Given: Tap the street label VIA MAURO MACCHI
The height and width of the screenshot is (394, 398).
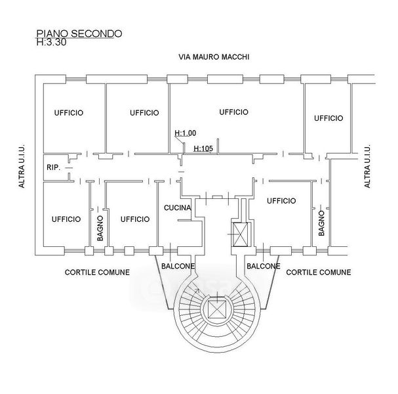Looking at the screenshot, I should point(214,58).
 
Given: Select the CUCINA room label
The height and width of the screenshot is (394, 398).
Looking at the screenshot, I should point(177,208).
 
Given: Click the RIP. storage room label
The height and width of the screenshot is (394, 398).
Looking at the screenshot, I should point(54,167).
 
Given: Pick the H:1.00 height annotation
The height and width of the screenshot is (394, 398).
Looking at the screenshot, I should point(186,133).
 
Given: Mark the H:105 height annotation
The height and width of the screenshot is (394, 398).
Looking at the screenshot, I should point(204,148).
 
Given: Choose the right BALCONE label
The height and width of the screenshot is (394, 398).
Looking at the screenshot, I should point(263,266).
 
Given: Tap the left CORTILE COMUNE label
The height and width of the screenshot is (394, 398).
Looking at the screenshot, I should point(96,272).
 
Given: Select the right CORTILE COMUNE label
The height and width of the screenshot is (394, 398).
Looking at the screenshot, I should point(319,272).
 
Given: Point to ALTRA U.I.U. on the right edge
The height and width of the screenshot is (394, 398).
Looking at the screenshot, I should point(367,166).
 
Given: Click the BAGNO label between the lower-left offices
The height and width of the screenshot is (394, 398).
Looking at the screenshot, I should point(100,228).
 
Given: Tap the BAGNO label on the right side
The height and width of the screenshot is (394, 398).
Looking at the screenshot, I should point(321,223).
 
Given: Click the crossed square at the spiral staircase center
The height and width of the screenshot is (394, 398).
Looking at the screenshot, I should point(215,309).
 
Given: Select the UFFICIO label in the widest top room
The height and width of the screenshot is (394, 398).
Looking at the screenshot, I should point(233,112).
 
